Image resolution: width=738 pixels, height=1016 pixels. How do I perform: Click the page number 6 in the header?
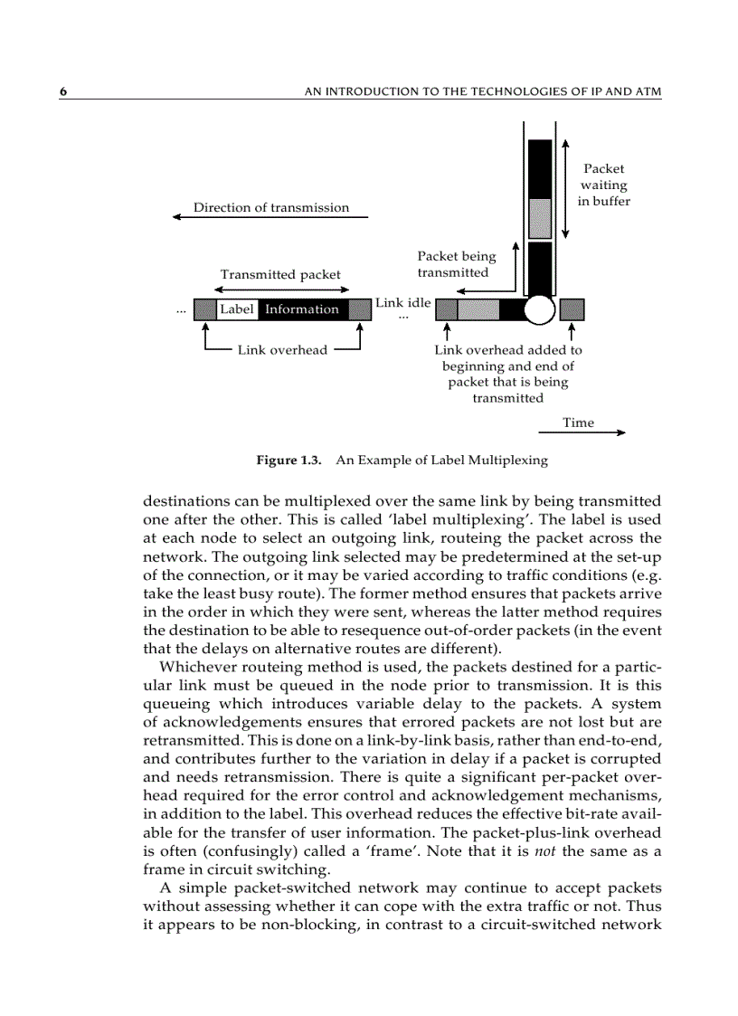[x=64, y=91]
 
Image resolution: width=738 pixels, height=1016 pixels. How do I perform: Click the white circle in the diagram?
[x=539, y=309]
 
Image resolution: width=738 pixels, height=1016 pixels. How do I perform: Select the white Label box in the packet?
[x=237, y=309]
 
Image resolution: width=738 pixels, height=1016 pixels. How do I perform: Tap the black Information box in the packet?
[x=302, y=309]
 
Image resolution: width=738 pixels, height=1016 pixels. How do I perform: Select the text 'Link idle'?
[x=403, y=302]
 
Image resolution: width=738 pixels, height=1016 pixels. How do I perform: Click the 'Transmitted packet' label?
[x=280, y=274]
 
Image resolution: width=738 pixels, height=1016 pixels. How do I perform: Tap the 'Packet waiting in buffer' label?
[x=603, y=185]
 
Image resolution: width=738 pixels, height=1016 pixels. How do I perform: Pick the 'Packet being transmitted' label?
[x=456, y=264]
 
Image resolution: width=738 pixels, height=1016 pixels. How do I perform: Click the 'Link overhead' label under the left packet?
[x=282, y=350]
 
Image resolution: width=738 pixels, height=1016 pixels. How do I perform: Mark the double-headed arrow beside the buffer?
[x=565, y=187]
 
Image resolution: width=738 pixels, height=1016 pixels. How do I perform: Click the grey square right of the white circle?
[x=572, y=309]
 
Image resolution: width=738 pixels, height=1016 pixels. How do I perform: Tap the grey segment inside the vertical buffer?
[x=540, y=217]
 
